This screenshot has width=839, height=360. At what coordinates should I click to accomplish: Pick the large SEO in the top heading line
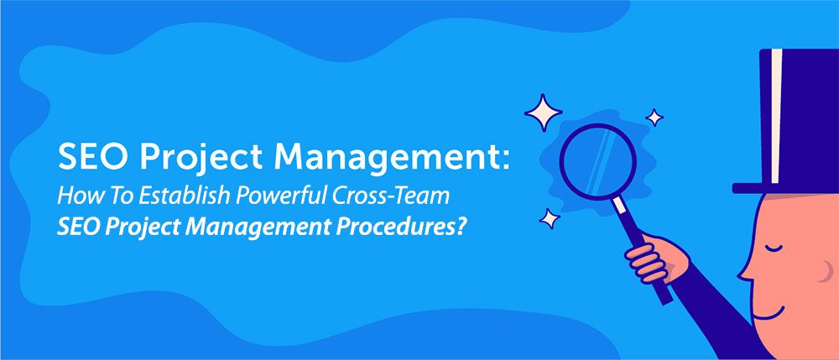click(89, 158)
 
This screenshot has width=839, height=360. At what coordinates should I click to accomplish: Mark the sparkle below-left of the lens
click(550, 220)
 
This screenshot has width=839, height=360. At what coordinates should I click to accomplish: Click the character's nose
click(744, 269)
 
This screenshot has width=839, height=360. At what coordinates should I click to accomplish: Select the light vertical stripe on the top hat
click(777, 117)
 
